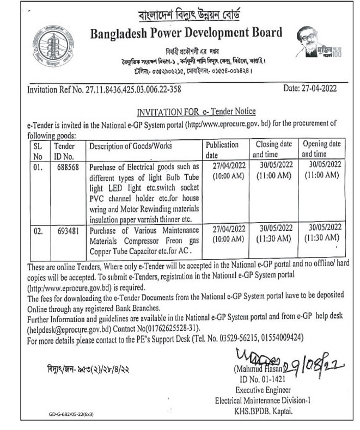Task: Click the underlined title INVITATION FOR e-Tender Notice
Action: tap(196, 112)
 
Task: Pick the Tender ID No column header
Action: tap(65, 150)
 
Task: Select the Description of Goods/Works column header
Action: tap(130, 146)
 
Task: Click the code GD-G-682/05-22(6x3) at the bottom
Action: tap(70, 415)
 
